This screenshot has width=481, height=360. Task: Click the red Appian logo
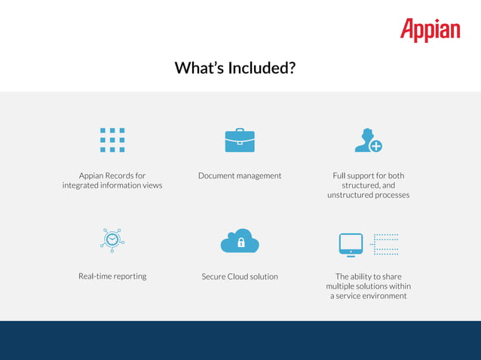(x=430, y=30)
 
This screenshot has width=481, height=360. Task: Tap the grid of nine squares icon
(x=112, y=140)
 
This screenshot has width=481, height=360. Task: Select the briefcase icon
(x=240, y=140)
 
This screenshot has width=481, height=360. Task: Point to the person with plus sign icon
(x=367, y=141)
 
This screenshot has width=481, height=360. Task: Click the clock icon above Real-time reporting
(x=112, y=239)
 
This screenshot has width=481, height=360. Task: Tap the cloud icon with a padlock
(x=240, y=241)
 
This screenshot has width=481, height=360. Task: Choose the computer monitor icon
(x=351, y=243)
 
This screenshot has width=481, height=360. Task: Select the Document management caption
(x=240, y=175)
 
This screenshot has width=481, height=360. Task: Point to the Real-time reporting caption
(x=112, y=276)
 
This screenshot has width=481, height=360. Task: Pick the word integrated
(x=84, y=185)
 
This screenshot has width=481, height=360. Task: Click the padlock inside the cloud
(x=240, y=243)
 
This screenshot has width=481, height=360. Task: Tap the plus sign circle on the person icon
(x=375, y=146)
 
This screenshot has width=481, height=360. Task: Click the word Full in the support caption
(x=341, y=175)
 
